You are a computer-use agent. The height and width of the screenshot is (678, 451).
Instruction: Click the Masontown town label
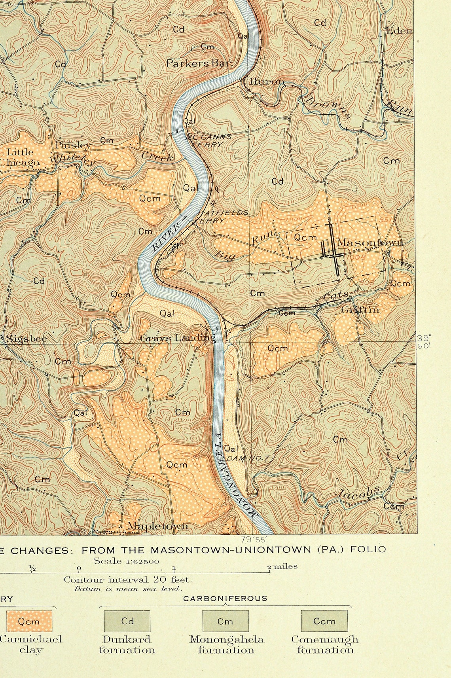point(370,242)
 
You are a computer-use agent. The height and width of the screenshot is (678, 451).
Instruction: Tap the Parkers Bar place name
point(199,63)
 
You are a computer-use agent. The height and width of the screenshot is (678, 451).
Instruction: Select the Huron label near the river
point(267,81)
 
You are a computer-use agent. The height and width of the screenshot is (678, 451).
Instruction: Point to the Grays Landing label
point(178,338)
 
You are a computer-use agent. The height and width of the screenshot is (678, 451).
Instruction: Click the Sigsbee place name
point(27,339)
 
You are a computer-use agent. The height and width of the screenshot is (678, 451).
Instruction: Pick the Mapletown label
point(157,526)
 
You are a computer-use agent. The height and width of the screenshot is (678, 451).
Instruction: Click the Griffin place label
point(360,309)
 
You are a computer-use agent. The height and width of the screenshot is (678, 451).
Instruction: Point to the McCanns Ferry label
point(208,140)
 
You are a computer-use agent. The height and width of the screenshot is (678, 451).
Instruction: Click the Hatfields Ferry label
point(222,216)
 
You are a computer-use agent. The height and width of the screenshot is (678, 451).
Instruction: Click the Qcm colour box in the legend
point(29,621)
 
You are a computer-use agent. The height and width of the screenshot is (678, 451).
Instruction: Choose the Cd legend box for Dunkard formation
point(127,621)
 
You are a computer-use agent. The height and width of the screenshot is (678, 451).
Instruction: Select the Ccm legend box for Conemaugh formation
point(324,621)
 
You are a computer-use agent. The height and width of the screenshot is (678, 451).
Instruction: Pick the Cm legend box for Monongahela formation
point(225,621)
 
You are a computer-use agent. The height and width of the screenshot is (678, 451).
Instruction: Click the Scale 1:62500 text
point(126,561)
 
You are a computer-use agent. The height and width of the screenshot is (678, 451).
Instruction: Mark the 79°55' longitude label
point(254,539)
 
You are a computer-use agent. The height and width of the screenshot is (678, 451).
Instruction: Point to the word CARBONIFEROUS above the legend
point(225,598)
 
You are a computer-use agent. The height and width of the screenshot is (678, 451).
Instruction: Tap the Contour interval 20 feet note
point(129,580)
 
